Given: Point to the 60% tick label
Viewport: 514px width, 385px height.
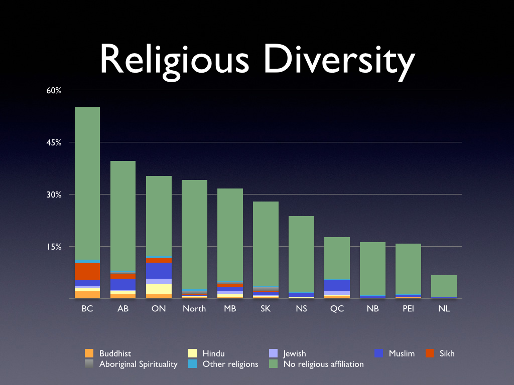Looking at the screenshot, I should point(54,91).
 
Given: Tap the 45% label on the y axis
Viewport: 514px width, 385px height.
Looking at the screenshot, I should point(54,142).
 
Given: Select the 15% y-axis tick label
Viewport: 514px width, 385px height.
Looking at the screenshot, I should point(54,247).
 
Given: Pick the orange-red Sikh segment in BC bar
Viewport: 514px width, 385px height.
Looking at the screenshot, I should point(87,271).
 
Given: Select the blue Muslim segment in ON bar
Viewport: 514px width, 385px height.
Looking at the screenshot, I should point(159,271).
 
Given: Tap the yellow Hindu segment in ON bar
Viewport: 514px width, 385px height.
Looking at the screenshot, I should point(159,289).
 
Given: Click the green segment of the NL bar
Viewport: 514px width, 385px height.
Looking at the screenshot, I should point(444,286).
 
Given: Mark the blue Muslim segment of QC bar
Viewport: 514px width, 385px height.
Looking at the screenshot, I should point(337,285).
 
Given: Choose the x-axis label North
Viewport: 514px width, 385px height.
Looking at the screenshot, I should point(194,309).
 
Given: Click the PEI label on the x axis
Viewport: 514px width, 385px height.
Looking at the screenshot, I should point(408,309).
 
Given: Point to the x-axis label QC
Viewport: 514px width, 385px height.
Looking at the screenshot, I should point(337,309).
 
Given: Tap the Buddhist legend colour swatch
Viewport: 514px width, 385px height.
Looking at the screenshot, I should point(89,353).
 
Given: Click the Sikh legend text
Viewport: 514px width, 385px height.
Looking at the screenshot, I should point(446,353).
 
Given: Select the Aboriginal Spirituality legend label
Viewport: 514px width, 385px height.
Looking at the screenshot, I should point(138,364).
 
